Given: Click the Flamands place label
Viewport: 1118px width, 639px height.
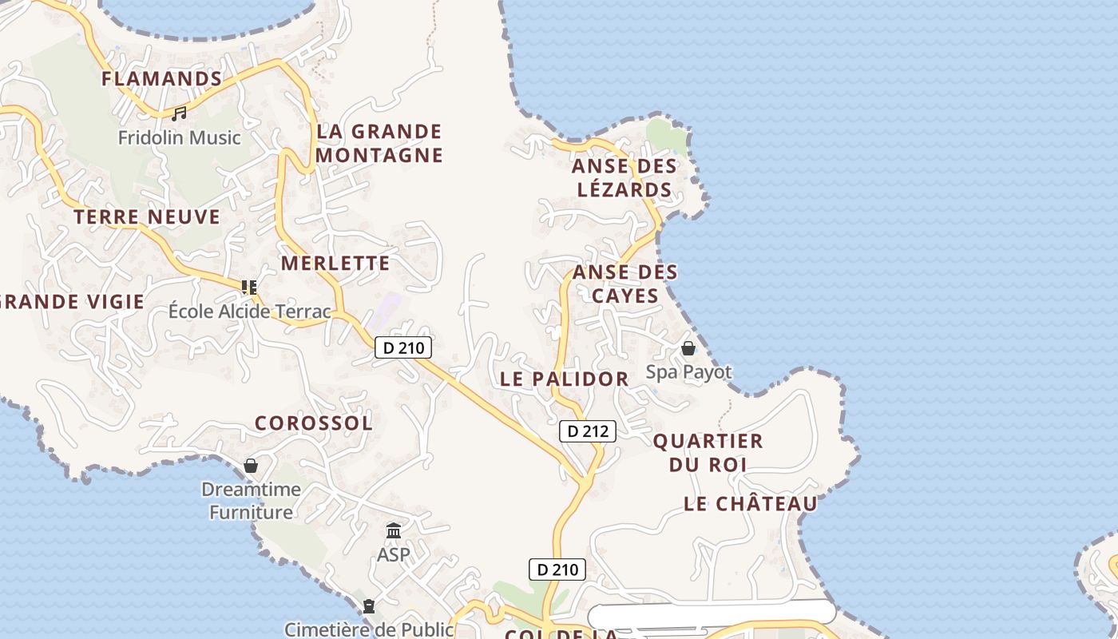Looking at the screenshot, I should (161, 78).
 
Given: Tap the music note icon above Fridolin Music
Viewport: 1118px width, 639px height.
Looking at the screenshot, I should (179, 114).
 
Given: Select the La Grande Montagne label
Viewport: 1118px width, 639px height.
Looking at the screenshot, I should (379, 143).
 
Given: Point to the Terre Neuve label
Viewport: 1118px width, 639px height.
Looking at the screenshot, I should (147, 216).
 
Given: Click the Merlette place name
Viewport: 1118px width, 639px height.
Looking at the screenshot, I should (335, 263).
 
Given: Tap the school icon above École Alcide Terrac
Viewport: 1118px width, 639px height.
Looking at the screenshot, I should (249, 287).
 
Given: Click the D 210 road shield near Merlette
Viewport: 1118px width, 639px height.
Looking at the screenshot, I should (403, 347).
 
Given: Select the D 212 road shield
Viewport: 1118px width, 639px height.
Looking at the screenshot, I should (588, 431).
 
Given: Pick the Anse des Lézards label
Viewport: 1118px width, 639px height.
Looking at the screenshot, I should (624, 178).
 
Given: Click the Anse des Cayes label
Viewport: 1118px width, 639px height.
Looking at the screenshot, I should (625, 284).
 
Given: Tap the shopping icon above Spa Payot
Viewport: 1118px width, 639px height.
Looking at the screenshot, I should (688, 348).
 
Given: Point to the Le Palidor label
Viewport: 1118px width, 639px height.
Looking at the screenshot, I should (565, 379).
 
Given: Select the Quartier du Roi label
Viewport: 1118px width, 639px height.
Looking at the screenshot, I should (708, 452).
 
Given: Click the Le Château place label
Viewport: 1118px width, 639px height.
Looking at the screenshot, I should (751, 503).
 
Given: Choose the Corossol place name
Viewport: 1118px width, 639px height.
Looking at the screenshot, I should (314, 423).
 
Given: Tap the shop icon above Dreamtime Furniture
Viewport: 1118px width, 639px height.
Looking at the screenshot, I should (251, 465).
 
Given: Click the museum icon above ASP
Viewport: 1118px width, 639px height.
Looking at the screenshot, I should (393, 530).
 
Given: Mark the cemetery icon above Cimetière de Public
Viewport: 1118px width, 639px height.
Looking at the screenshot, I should (369, 606).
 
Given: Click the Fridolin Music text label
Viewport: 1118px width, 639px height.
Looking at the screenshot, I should (179, 137).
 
